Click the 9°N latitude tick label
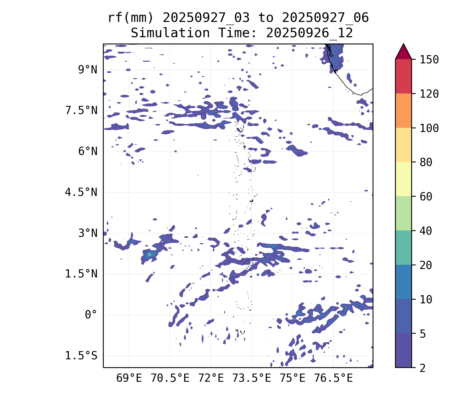pos(87,70)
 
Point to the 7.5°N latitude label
pos(81,111)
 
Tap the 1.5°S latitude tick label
pos(81,356)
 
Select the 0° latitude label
pos(91,315)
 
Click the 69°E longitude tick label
pos(129,378)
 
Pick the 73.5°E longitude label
pos(251,378)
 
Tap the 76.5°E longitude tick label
pos(333,378)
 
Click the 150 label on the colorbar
pos(429,60)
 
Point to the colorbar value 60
pos(426,196)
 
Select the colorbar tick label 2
pos(423,368)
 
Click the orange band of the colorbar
pos(403,111)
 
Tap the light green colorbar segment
pos(403,213)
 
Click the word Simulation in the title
pos(170,33)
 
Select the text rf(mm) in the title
pos(131,18)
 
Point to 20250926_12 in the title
pos(309,33)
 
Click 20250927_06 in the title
pos(325,18)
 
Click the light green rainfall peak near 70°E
pos(149,254)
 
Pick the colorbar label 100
pos(429,128)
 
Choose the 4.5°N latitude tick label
pos(81,192)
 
